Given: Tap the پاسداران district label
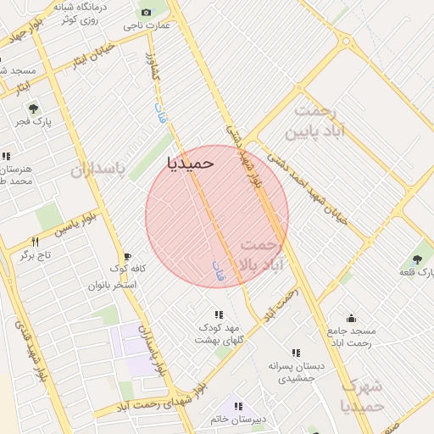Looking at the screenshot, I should click(97, 169).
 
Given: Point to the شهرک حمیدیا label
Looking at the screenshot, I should click(364, 396).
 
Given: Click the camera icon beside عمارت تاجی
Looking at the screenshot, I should click(147, 12).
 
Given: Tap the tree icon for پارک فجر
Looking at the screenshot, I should click(33, 108).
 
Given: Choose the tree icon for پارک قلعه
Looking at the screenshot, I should click(416, 259).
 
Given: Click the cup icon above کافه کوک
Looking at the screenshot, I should click(127, 256).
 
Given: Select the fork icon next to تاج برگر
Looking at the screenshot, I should click(35, 242).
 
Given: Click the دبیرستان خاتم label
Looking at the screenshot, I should click(238, 419).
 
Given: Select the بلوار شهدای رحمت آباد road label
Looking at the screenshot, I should click(159, 401).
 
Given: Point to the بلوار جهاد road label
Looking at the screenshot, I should click(25, 31).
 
